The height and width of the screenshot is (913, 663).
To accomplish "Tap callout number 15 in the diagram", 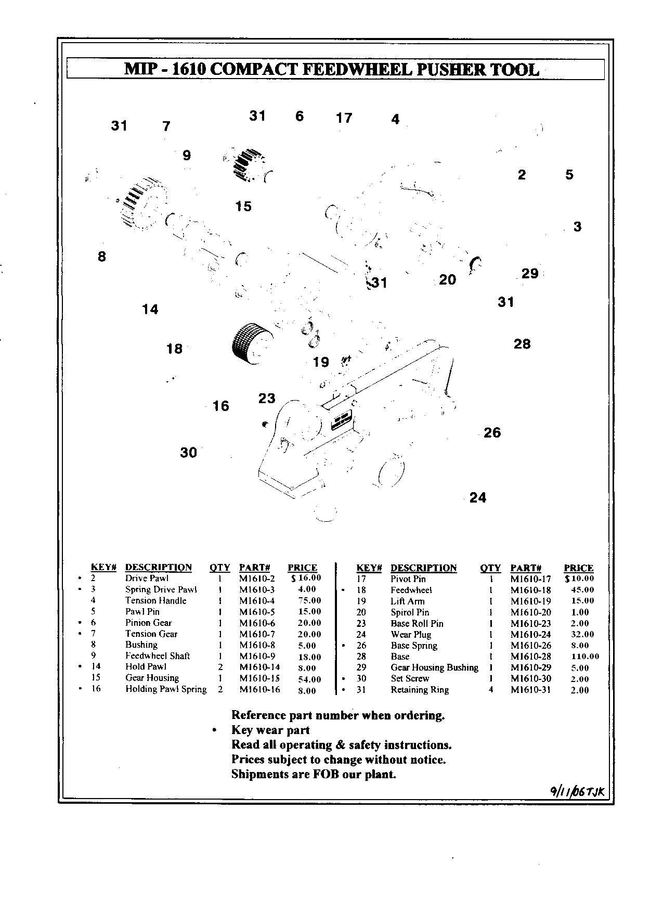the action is [x=243, y=207].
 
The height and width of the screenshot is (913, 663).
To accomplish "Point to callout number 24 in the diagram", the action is [x=478, y=498].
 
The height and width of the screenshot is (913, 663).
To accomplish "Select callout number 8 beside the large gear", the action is [x=102, y=256].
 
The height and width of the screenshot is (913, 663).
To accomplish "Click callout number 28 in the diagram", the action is [x=522, y=344].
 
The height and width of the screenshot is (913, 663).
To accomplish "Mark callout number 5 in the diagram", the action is [x=569, y=175].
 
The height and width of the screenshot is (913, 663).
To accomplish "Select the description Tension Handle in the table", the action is [x=155, y=600].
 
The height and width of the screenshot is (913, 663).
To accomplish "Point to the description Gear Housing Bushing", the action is [x=434, y=667].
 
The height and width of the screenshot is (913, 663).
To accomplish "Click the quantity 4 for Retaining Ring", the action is [x=490, y=690].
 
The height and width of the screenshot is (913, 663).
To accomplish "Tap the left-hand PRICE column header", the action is [x=302, y=568].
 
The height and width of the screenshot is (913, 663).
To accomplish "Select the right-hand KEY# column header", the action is [x=369, y=568].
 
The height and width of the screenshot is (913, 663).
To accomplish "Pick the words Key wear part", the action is [x=270, y=730].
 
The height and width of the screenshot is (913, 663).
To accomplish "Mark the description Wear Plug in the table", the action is [x=411, y=635].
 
